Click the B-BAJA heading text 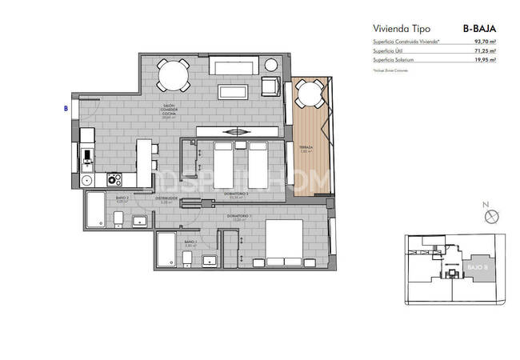[x=480, y=28]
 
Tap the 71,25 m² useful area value [x=485, y=50]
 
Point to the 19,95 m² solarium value [x=485, y=59]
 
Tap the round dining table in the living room [x=174, y=76]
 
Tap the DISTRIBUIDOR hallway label [x=166, y=198]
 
